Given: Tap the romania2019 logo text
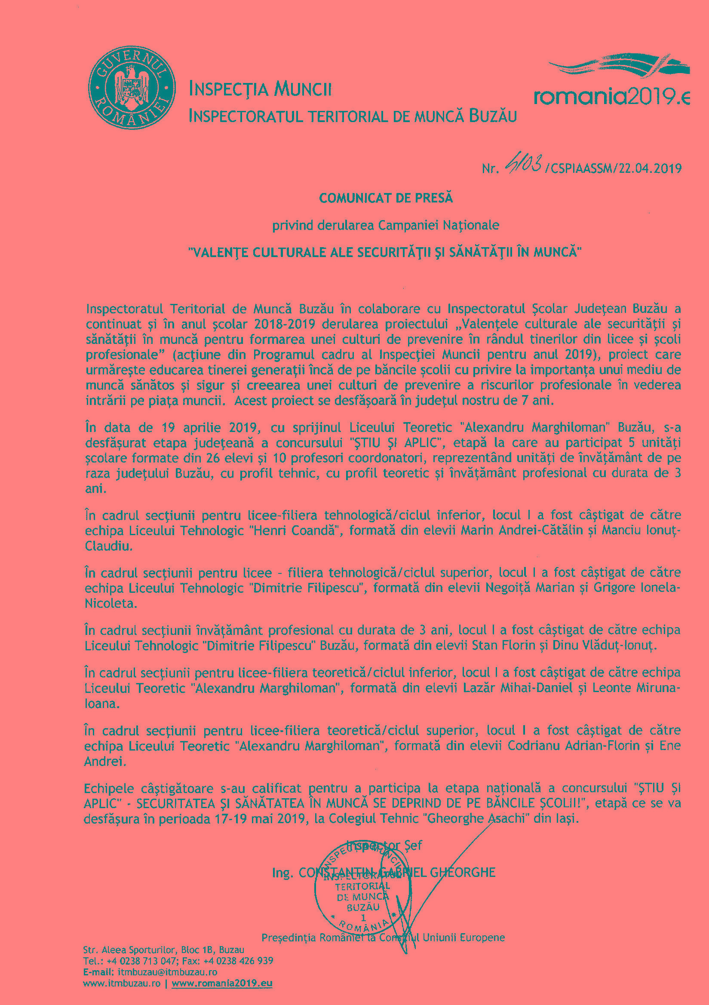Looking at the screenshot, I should coord(611,96).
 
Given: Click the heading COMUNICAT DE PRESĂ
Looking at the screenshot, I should coord(386,198).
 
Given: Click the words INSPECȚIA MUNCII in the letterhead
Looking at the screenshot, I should coord(260,89).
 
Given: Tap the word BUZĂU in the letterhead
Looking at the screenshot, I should coord(493,116).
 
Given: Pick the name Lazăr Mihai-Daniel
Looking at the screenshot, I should coord(518,688).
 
